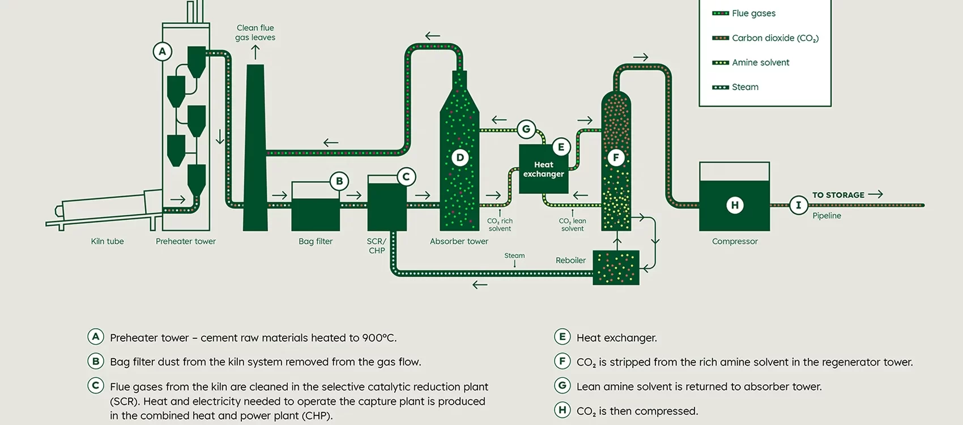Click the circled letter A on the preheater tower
click(163, 52)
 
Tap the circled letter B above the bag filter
click(339, 181)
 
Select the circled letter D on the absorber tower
click(460, 158)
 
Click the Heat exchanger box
click(543, 169)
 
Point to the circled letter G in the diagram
click(526, 129)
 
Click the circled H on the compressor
click(735, 205)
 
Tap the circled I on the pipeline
click(799, 205)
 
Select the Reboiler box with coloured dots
click(616, 267)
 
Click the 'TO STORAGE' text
click(838, 195)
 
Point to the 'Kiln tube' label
click(107, 241)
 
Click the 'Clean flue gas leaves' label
click(255, 32)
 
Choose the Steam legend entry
click(744, 87)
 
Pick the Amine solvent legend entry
click(760, 62)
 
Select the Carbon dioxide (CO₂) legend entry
click(774, 38)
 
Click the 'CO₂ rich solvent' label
click(500, 225)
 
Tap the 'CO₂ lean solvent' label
click(572, 225)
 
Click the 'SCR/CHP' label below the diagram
click(377, 246)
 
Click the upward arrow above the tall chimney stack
click(255, 52)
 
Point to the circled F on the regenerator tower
click(616, 158)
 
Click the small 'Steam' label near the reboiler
click(514, 256)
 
